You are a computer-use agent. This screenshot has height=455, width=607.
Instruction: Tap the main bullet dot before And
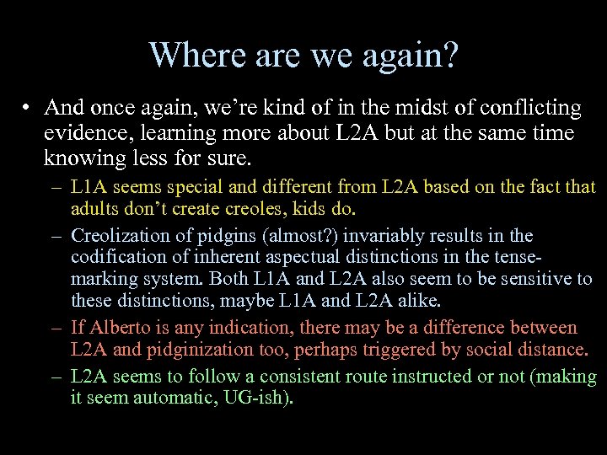(28, 109)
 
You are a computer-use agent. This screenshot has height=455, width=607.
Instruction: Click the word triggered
(408, 349)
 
